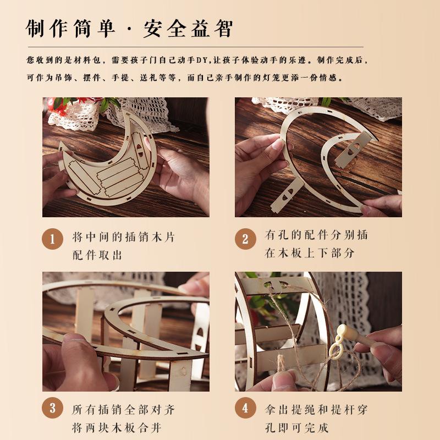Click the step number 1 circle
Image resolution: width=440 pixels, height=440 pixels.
pyautogui.click(x=53, y=239)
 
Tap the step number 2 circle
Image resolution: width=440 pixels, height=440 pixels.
pyautogui.click(x=245, y=239)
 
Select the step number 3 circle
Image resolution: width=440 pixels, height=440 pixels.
pyautogui.click(x=53, y=408)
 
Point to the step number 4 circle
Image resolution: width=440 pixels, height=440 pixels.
pyautogui.click(x=245, y=408)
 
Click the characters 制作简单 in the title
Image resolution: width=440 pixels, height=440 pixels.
pyautogui.click(x=71, y=28)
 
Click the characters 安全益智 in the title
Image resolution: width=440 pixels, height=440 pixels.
pyautogui.click(x=188, y=28)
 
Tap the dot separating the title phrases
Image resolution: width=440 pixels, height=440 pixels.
pyautogui.click(x=130, y=29)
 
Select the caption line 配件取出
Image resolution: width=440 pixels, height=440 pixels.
pyautogui.click(x=97, y=255)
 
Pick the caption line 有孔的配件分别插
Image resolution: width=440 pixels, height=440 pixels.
pyautogui.click(x=316, y=235)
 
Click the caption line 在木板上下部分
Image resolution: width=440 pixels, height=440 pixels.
pyautogui.click(x=310, y=253)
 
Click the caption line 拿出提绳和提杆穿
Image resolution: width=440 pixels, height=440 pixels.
pyautogui.click(x=316, y=410)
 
